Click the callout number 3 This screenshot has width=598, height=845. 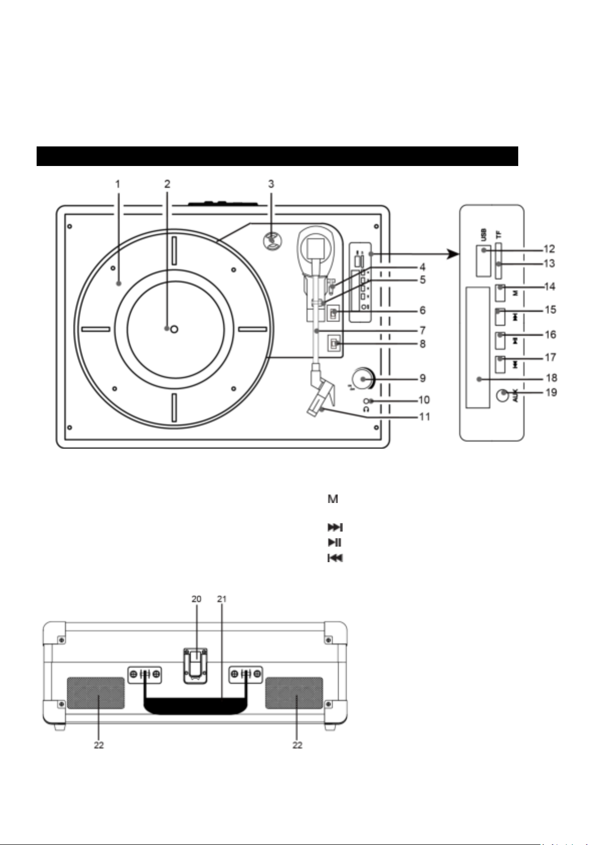[x=271, y=184]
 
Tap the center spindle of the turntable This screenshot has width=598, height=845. [x=174, y=329]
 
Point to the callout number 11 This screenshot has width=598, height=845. [x=425, y=417]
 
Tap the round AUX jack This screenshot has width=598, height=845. [x=502, y=396]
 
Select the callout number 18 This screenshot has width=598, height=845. [x=551, y=378]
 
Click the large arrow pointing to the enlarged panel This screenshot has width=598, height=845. [x=415, y=254]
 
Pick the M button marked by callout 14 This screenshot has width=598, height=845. [x=500, y=293]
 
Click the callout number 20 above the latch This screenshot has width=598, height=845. [x=196, y=599]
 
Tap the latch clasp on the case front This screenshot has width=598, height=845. [x=196, y=665]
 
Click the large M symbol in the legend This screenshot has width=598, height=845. [x=333, y=499]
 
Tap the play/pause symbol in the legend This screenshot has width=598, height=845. [x=334, y=543]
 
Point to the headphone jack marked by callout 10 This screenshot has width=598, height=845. [x=366, y=401]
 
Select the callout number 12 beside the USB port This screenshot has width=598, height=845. [x=549, y=249]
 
